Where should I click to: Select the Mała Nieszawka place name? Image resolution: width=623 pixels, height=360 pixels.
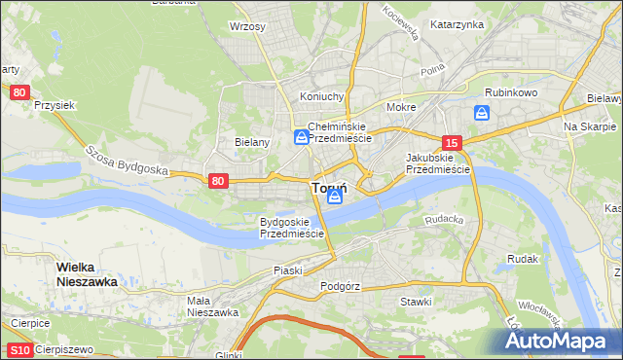click(212, 306)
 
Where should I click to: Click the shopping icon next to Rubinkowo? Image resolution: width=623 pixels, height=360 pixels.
click(481, 114)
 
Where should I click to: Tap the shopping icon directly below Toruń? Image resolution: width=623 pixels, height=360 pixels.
click(335, 198)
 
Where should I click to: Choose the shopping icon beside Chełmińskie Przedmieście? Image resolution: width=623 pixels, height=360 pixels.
click(301, 138)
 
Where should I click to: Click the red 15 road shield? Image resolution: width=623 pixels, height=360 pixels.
click(450, 142)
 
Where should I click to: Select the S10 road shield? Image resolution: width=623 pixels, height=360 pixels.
click(19, 349)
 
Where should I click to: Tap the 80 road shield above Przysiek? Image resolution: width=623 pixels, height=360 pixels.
click(19, 92)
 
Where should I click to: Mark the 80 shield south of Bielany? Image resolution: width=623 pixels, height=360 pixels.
click(218, 180)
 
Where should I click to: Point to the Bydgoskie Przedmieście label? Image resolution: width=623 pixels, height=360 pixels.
click(291, 228)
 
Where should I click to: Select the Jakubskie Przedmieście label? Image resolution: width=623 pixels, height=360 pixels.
click(437, 162)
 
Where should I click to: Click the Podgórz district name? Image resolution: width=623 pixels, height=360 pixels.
click(340, 287)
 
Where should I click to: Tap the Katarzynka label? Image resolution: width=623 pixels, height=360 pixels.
click(457, 24)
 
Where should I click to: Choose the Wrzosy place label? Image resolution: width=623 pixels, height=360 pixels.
click(247, 26)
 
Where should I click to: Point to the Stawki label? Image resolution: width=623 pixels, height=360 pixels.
click(416, 302)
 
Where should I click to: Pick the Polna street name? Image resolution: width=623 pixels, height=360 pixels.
click(431, 72)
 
